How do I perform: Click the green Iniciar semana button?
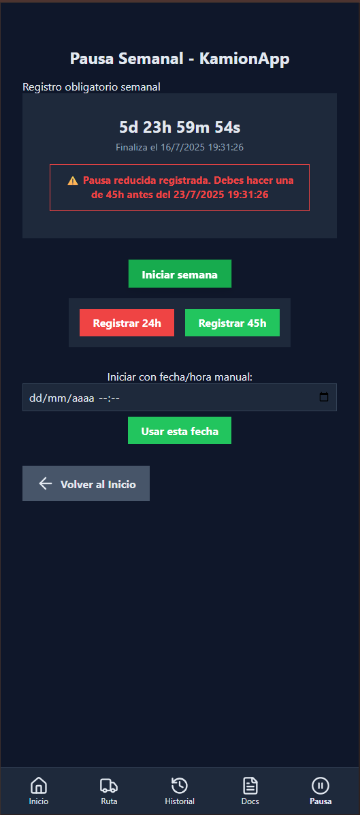coord(180,274)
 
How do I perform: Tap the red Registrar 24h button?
coord(127,323)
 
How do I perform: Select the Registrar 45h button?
coord(232,323)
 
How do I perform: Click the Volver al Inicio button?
coord(86,483)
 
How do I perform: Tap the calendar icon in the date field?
coord(324,397)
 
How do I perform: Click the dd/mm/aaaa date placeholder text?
coord(62,398)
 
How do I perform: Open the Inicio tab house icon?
coord(39,785)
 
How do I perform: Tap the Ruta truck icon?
coord(109,785)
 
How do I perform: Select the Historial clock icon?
coord(180,785)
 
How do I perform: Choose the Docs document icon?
coord(250,785)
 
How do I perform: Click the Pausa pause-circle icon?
coord(321,785)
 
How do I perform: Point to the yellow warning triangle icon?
coord(73,181)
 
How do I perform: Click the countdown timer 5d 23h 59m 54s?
coord(180,127)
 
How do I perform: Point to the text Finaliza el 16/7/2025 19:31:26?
coord(180,148)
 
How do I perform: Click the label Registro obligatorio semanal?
coord(91,86)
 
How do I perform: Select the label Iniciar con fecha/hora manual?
coord(180,377)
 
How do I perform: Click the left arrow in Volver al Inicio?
coord(46,484)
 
